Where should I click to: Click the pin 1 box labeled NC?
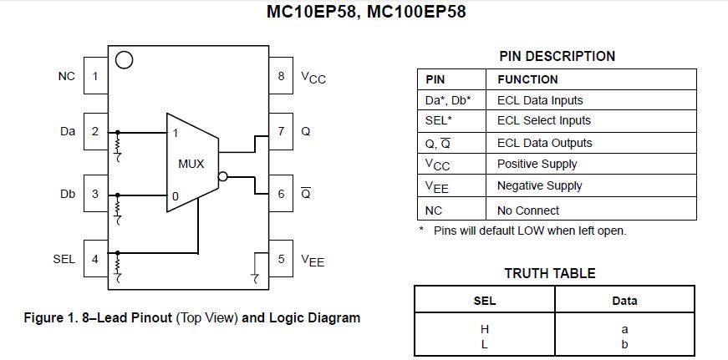[x=94, y=76]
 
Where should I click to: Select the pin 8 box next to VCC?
[x=281, y=76]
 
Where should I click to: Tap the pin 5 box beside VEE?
[x=281, y=259]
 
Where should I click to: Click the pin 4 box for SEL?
[x=94, y=259]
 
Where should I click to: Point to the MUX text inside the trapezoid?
[x=191, y=164]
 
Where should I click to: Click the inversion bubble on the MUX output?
[x=222, y=176]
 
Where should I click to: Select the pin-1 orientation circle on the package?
[x=124, y=60]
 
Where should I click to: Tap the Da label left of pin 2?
[x=68, y=131]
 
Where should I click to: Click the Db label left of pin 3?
[x=68, y=194]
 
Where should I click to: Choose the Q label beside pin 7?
[x=305, y=131]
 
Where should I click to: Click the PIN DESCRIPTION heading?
[x=557, y=56]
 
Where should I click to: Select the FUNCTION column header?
[x=527, y=79]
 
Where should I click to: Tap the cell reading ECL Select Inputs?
[x=543, y=121]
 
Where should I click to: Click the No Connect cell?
[x=528, y=210]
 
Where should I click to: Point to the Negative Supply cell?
[x=539, y=185]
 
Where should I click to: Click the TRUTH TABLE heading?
[x=550, y=273]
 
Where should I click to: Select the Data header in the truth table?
[x=624, y=301]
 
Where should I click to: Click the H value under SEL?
[x=484, y=329]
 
